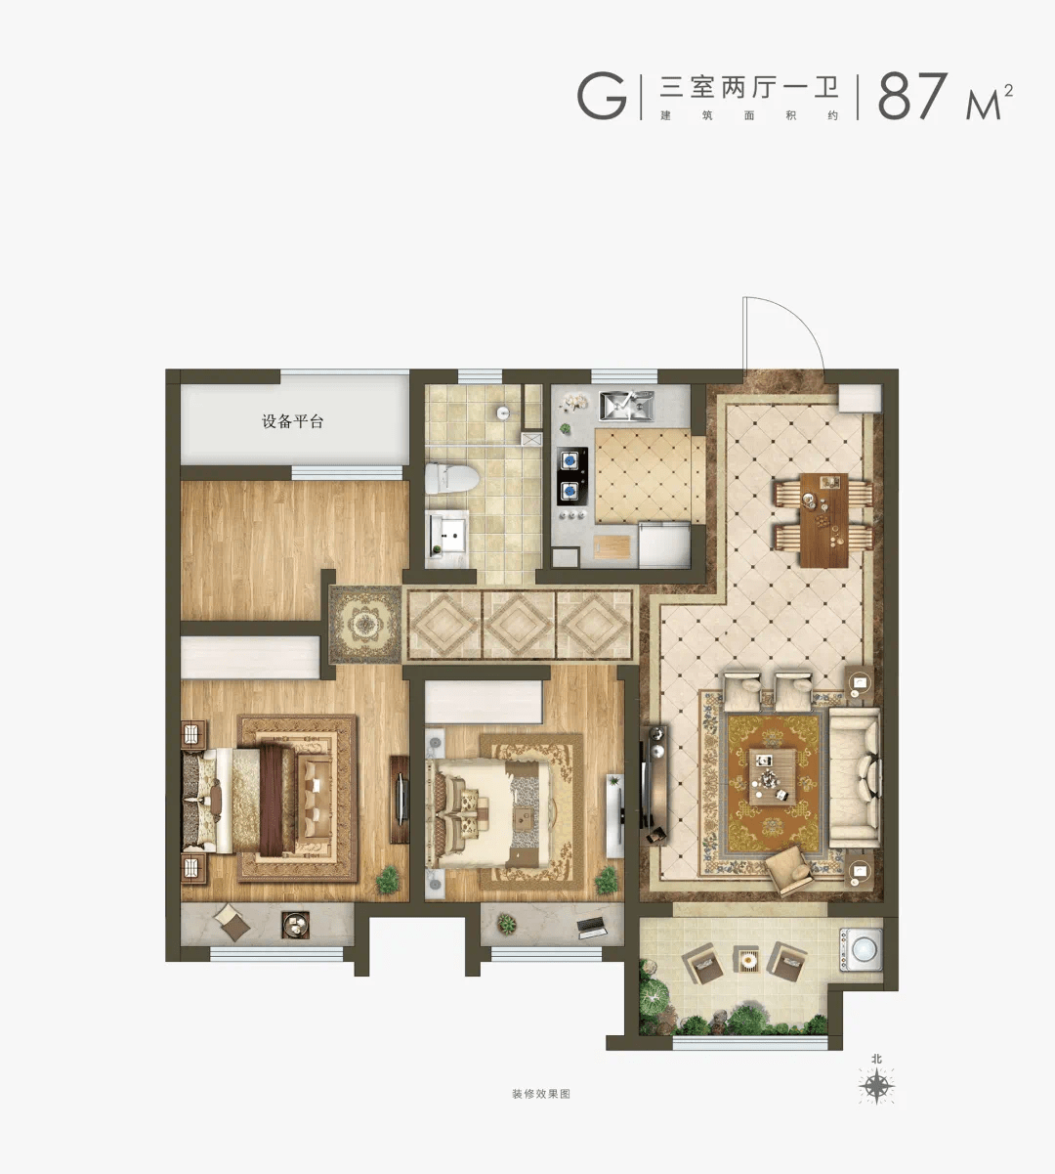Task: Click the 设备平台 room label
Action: pos(292,421)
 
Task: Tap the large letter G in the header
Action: pos(602,96)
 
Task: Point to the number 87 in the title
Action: pos(912,96)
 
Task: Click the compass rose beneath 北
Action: pos(876,1086)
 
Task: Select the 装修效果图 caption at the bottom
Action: pos(540,1094)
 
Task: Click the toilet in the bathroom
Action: pos(451,478)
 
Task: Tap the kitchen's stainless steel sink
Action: pos(625,406)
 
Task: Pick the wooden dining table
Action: pos(823,520)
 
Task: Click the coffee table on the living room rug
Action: pos(772,776)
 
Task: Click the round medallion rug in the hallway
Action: pos(365,625)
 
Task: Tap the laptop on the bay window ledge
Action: pos(590,927)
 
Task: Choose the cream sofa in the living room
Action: pos(855,777)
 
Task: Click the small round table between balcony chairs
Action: pos(747,959)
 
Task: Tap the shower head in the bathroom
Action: pos(503,413)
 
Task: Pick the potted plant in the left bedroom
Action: pos(388,880)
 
